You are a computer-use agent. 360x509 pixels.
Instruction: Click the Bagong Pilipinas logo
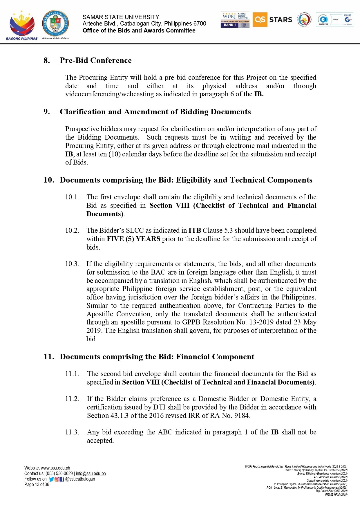[x=22, y=25]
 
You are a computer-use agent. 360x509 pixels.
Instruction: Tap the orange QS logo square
[x=260, y=20]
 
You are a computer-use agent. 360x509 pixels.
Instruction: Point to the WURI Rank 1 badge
[x=235, y=20]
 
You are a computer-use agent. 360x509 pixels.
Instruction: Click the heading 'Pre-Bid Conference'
[x=95, y=60]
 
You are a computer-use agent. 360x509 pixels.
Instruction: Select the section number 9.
[x=46, y=112]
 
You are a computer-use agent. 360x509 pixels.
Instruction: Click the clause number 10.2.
[x=72, y=230]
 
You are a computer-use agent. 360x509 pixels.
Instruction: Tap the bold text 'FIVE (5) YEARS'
[x=133, y=239]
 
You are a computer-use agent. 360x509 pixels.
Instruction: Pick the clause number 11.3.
[x=72, y=432]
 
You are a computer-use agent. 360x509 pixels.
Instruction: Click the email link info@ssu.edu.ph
[x=91, y=474]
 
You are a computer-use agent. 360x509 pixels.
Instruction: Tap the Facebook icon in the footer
[x=62, y=479]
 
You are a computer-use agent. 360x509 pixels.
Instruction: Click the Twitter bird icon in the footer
[x=51, y=479]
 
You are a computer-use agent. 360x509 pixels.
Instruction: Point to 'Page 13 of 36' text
[x=37, y=485]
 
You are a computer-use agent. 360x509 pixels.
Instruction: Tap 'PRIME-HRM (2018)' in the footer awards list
[x=336, y=494]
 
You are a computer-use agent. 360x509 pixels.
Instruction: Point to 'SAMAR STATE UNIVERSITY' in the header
[x=121, y=17]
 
